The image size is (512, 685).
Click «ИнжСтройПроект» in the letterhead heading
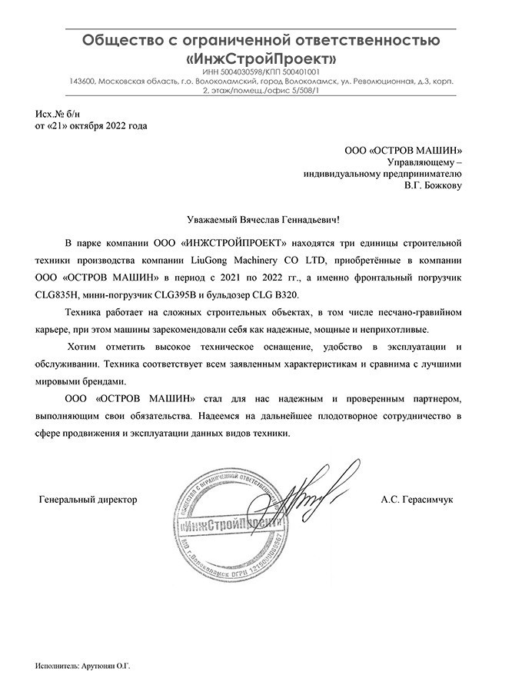pos(261,58)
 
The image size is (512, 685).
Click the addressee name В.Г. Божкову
pos(434,186)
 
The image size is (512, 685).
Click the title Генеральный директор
pos(88,500)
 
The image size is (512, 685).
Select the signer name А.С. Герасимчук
pos(417,500)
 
